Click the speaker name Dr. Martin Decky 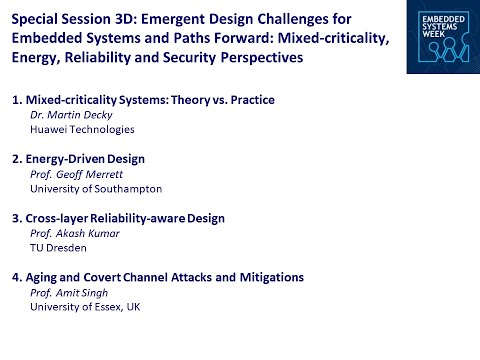pos(74,115)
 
